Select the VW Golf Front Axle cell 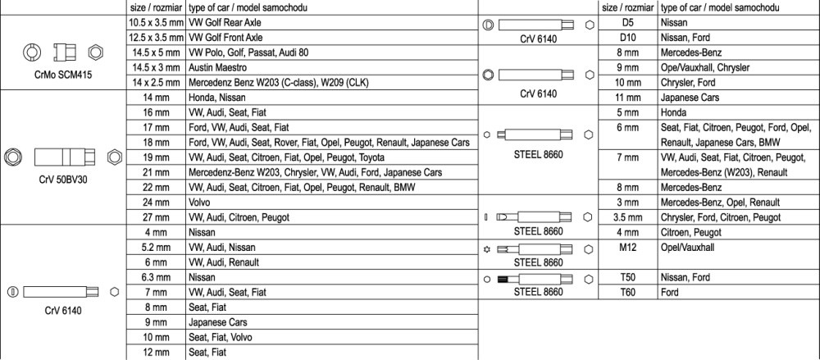(x=225, y=38)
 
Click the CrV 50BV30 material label (x=63, y=180)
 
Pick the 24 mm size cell (x=157, y=201)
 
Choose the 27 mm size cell (x=157, y=216)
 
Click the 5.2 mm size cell (x=157, y=247)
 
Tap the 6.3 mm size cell (x=157, y=277)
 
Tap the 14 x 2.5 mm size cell (x=157, y=82)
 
